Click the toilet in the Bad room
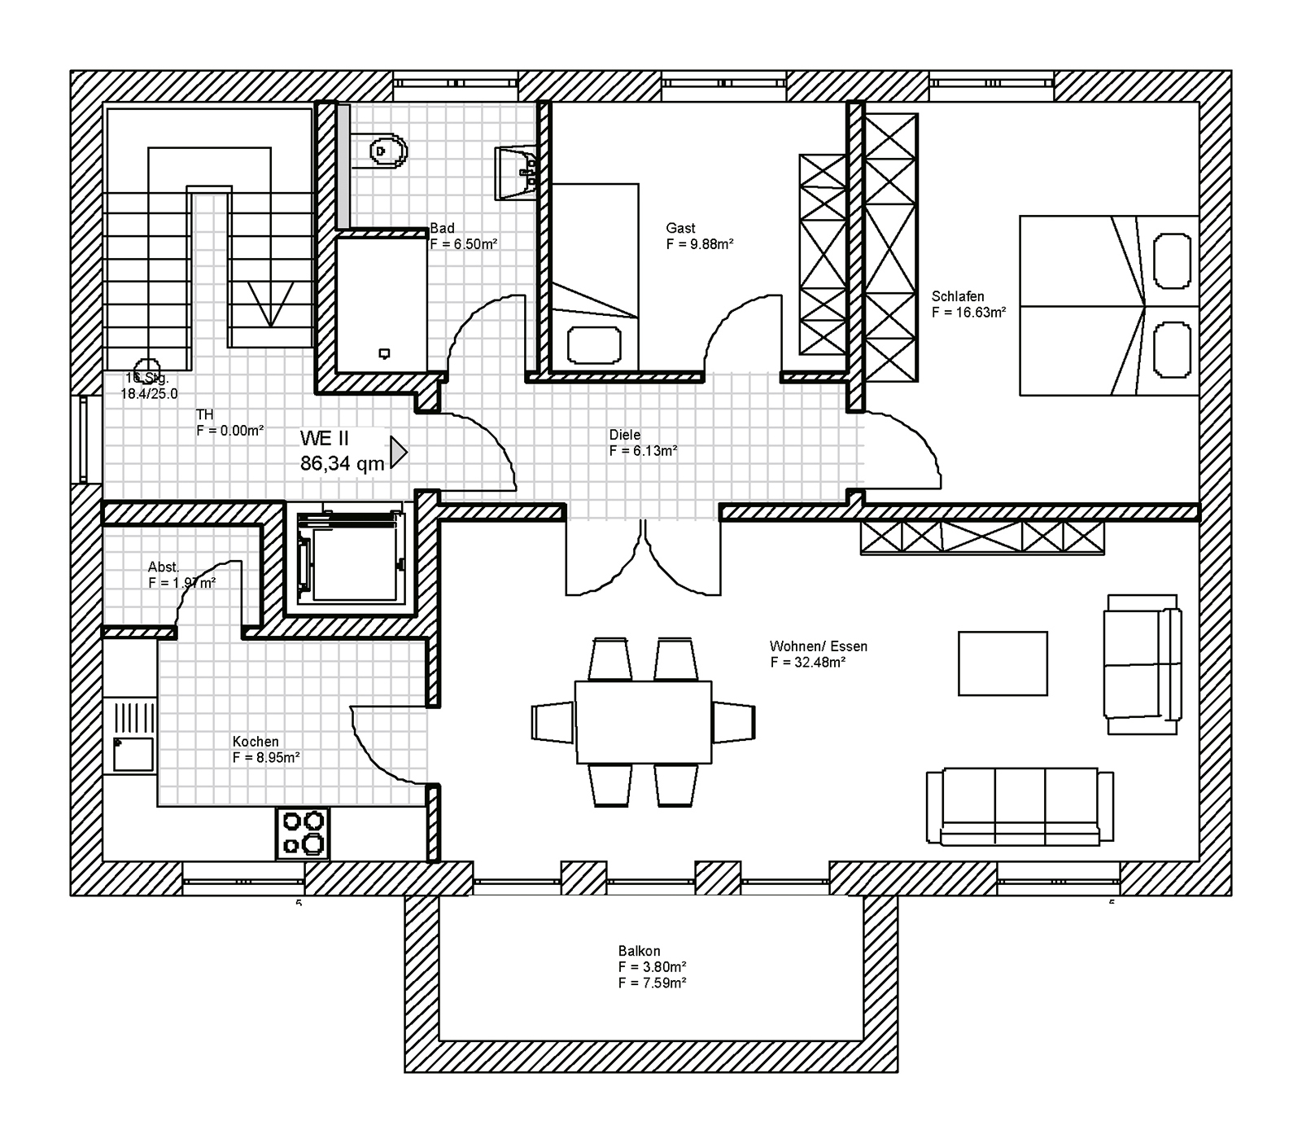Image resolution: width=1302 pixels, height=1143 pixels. [386, 150]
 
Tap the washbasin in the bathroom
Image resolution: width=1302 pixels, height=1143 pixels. [515, 173]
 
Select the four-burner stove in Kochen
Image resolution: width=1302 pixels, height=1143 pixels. [304, 833]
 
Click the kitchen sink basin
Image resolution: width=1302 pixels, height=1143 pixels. [133, 754]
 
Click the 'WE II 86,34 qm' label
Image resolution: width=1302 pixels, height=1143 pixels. [342, 451]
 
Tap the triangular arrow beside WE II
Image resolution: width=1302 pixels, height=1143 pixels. [398, 453]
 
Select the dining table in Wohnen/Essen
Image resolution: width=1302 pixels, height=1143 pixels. [643, 722]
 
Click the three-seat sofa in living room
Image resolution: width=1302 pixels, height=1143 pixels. [1020, 806]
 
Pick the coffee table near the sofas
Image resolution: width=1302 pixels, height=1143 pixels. [1003, 663]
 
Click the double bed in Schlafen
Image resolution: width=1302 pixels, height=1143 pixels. [1108, 306]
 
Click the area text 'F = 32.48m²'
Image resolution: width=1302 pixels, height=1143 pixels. [807, 663]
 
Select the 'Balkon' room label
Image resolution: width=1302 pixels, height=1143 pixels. [639, 951]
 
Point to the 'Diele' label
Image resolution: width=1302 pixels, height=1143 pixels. [625, 435]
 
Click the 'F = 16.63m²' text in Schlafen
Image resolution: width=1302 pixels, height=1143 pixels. [968, 313]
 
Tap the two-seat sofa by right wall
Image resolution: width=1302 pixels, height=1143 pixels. [1141, 663]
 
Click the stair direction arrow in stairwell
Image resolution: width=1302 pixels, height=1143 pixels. [269, 304]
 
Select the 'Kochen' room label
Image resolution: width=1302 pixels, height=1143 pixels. [256, 742]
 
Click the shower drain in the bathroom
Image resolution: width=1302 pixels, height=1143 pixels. [384, 353]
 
